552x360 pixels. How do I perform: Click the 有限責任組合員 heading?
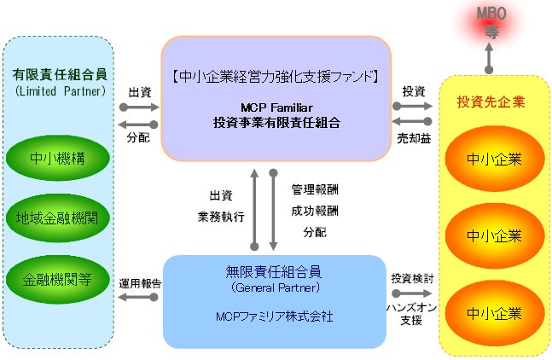pos(58,74)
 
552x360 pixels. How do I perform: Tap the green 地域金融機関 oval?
pos(58,218)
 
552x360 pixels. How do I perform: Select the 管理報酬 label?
pos(308,190)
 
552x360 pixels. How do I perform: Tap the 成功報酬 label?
pos(308,211)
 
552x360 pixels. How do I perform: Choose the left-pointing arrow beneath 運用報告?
pos(138,296)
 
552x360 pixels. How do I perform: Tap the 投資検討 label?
pos(413,278)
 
